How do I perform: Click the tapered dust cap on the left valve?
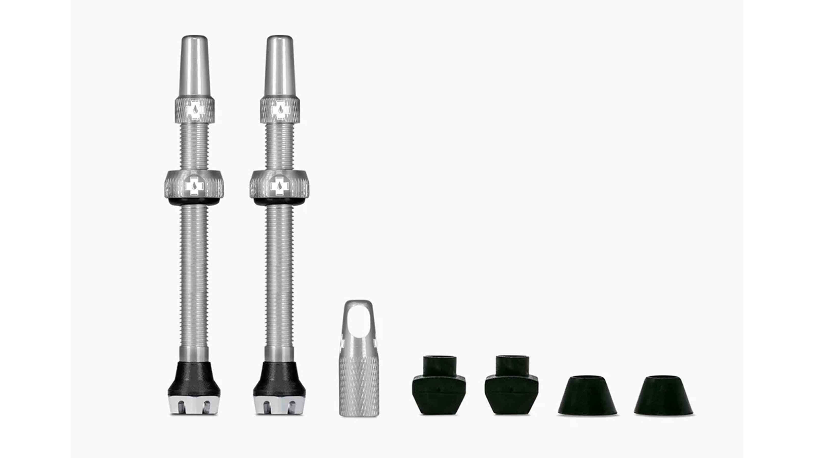pos(194,66)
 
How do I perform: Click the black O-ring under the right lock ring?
pos(279,202)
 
